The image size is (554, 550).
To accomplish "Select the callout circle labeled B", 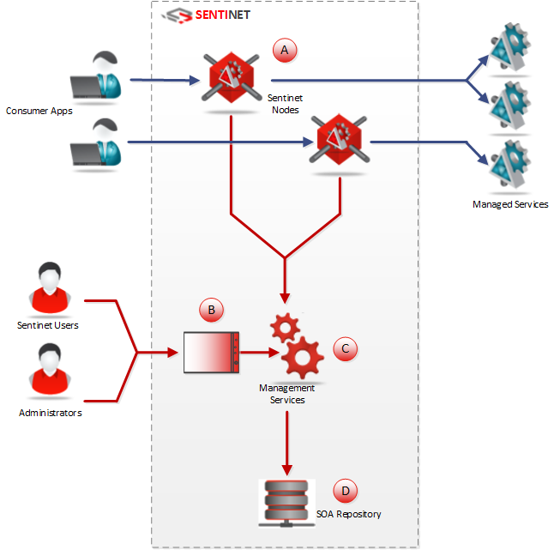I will tap(210, 309).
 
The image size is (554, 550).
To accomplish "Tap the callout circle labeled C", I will tap(345, 348).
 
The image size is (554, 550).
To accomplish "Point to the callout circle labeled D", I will tap(345, 491).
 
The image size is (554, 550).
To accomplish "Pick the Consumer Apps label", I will tap(39, 111).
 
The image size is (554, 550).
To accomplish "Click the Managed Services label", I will tap(510, 204).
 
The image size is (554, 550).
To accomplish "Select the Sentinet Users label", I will tap(48, 325).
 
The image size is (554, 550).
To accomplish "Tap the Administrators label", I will tap(51, 414).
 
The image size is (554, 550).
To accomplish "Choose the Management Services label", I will tap(287, 394).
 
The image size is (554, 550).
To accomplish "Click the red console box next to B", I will tap(211, 351).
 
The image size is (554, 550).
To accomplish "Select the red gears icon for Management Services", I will tap(295, 347).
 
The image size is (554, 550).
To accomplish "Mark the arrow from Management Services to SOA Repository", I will tap(286, 442).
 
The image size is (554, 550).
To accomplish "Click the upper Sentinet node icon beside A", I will tap(232, 79).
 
